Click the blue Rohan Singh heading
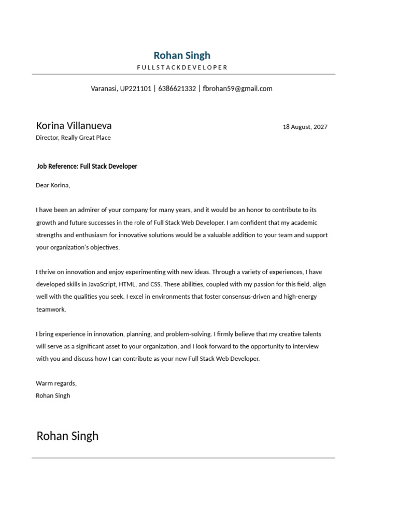click(x=182, y=55)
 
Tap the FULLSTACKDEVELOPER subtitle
click(x=182, y=68)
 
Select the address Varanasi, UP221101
click(x=121, y=89)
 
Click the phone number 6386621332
click(x=177, y=89)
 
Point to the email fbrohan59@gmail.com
click(x=237, y=89)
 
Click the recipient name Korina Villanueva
click(x=74, y=126)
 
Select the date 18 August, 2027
click(x=305, y=127)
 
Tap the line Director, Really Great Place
click(x=73, y=138)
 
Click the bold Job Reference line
click(x=87, y=167)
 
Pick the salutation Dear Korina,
click(x=53, y=185)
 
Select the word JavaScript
click(x=101, y=285)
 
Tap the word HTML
click(x=127, y=285)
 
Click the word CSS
click(x=155, y=285)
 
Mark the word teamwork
click(x=51, y=310)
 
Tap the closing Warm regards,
click(x=56, y=384)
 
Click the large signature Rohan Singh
click(x=67, y=436)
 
